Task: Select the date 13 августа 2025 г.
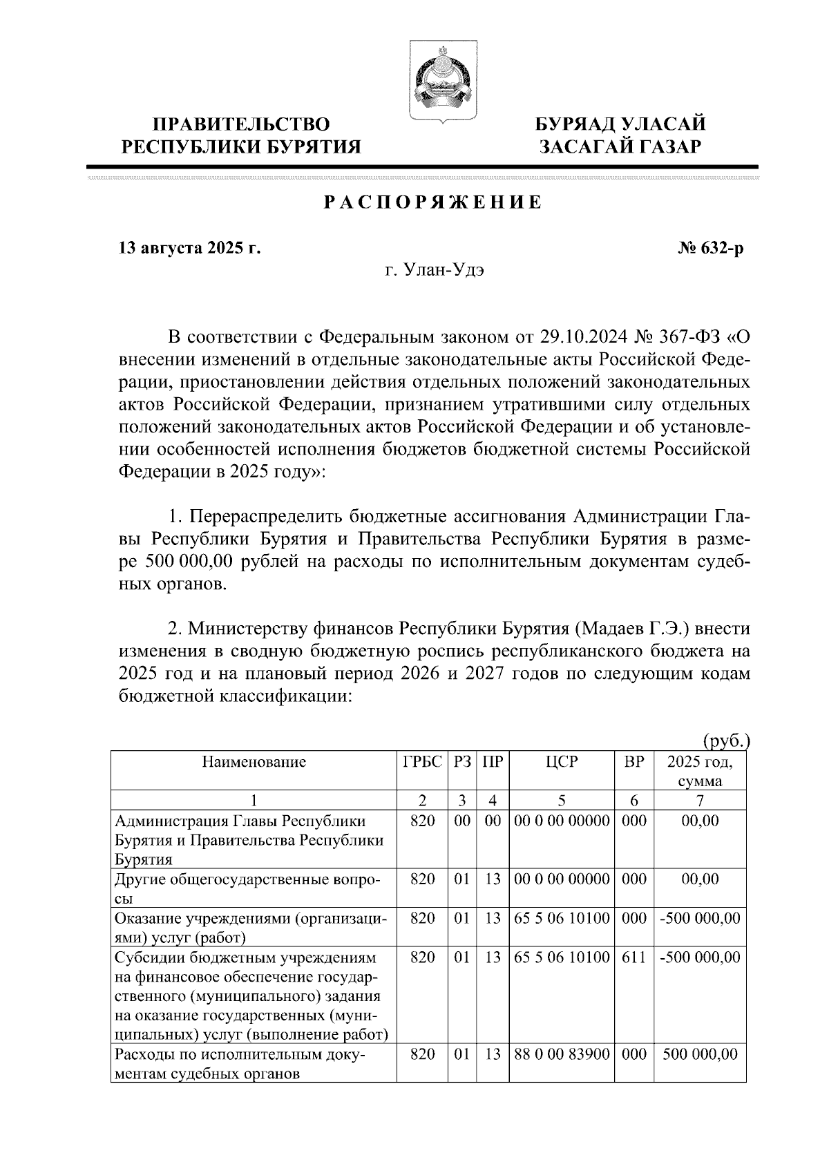click(x=189, y=248)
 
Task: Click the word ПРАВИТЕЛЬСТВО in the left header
click(x=241, y=124)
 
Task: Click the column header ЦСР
click(x=561, y=763)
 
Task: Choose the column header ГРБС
click(x=422, y=763)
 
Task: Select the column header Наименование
click(x=254, y=763)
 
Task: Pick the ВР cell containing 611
click(x=633, y=957)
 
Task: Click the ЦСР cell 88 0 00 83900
click(x=561, y=1055)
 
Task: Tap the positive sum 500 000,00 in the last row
click(x=700, y=1055)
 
